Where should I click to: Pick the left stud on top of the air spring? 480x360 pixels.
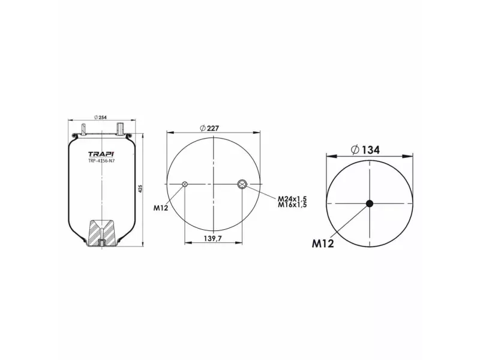(83, 128)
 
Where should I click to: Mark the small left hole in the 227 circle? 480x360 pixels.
(185, 184)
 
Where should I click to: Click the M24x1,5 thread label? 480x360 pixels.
(292, 199)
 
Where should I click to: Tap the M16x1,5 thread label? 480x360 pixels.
(292, 205)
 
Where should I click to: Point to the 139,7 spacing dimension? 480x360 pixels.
(213, 238)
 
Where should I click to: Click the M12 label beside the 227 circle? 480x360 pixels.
(160, 208)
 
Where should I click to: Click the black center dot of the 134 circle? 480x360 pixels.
(370, 203)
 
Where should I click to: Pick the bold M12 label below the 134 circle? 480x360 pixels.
(323, 243)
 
